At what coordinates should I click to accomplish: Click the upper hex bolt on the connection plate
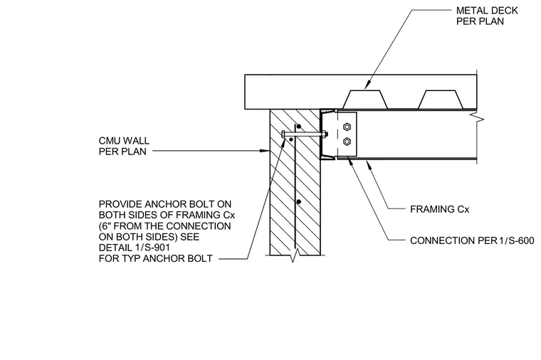point(347,127)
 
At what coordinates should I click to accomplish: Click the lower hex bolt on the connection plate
point(347,141)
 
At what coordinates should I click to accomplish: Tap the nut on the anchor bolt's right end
point(325,134)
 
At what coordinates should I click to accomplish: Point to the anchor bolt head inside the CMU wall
point(283,134)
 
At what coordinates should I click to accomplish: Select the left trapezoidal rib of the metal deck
point(365,100)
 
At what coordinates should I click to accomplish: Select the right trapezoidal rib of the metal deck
point(440,100)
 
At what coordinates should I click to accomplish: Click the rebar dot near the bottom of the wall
point(299,202)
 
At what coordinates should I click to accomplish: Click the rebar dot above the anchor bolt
point(299,126)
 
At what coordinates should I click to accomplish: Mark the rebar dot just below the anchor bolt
point(292,139)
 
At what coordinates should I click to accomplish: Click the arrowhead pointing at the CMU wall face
point(265,151)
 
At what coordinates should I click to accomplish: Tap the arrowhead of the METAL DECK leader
point(367,84)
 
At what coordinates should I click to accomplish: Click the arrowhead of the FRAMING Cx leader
point(369,164)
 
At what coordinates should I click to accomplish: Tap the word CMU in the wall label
point(109,141)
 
